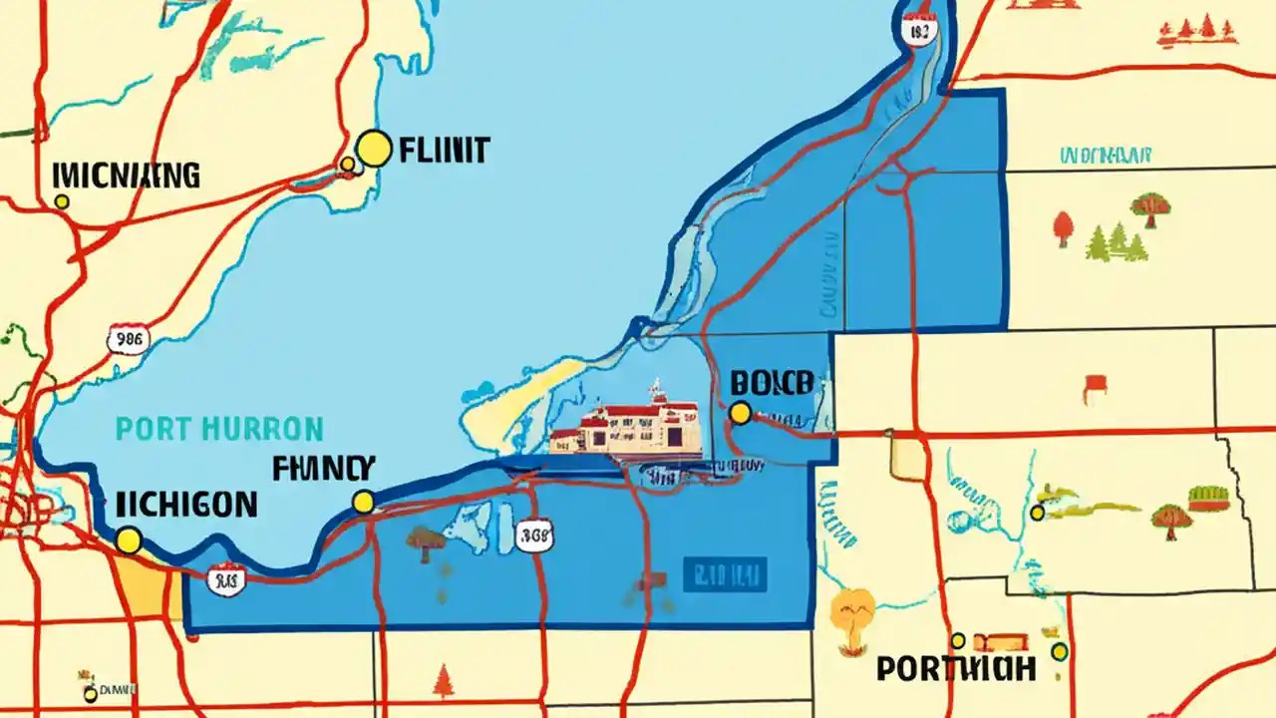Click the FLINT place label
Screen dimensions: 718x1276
[443, 151]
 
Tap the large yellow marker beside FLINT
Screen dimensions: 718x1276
[373, 149]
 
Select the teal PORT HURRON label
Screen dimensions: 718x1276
[219, 430]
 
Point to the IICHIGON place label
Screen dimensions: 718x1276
[185, 504]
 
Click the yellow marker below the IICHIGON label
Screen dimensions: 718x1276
[128, 540]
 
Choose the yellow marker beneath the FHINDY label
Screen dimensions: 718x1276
[364, 502]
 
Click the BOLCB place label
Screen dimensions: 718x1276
[772, 382]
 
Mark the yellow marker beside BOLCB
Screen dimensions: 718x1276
[740, 413]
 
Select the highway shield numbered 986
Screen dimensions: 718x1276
[128, 339]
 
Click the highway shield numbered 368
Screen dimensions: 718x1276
[535, 536]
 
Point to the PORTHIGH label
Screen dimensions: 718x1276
[956, 668]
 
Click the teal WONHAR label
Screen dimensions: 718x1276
[1106, 156]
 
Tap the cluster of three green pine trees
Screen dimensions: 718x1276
[1117, 242]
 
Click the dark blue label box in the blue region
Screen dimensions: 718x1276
[724, 574]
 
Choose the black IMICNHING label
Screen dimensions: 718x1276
[125, 177]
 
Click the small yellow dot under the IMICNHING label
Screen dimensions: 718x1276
[62, 201]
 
